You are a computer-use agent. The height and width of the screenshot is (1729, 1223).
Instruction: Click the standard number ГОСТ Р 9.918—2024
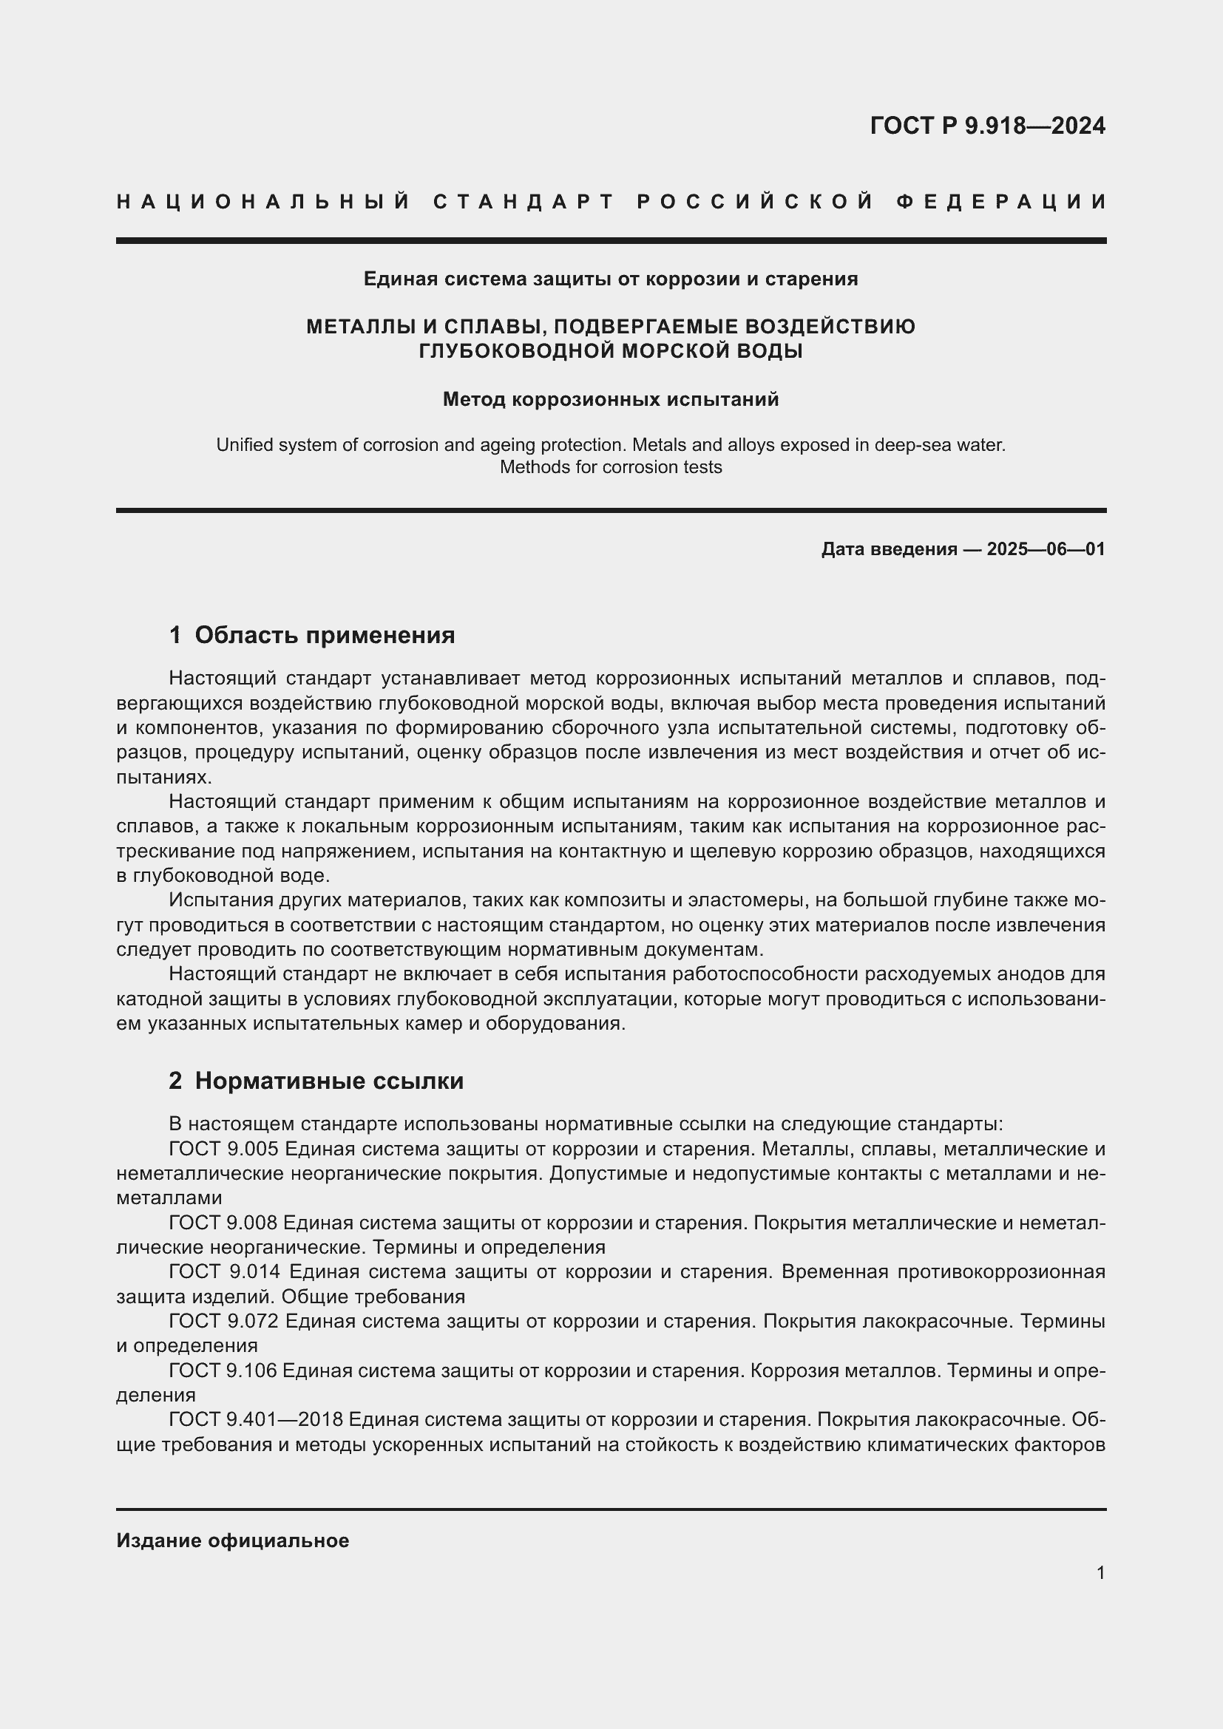987,126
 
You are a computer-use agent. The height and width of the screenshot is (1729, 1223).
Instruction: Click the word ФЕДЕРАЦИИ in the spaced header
1001,202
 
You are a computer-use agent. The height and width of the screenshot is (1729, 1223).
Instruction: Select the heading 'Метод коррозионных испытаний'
611,399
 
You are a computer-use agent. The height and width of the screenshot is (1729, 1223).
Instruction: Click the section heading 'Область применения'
325,635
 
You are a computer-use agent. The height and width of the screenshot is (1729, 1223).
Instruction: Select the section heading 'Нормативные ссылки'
329,1081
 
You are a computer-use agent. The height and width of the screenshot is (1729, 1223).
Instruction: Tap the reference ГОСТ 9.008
223,1222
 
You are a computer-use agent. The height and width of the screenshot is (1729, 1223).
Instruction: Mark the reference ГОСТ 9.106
223,1370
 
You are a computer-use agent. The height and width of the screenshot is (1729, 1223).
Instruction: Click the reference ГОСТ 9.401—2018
256,1419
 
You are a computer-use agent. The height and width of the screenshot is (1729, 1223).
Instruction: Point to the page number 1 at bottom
1100,1572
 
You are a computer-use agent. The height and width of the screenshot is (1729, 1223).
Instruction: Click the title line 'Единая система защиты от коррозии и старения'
611,279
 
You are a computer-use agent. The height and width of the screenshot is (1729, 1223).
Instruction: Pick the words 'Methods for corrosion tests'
611,467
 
